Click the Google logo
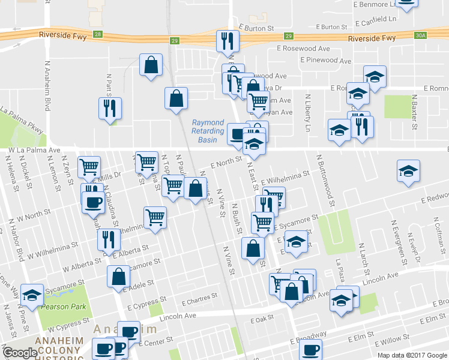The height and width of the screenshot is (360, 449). (x=19, y=353)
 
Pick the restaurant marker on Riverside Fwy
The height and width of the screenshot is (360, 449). (x=228, y=40)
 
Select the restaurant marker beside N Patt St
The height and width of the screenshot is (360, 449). (x=110, y=108)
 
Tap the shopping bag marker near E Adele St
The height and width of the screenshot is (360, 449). (x=119, y=277)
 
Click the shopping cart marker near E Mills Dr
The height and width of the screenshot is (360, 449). (x=89, y=166)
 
